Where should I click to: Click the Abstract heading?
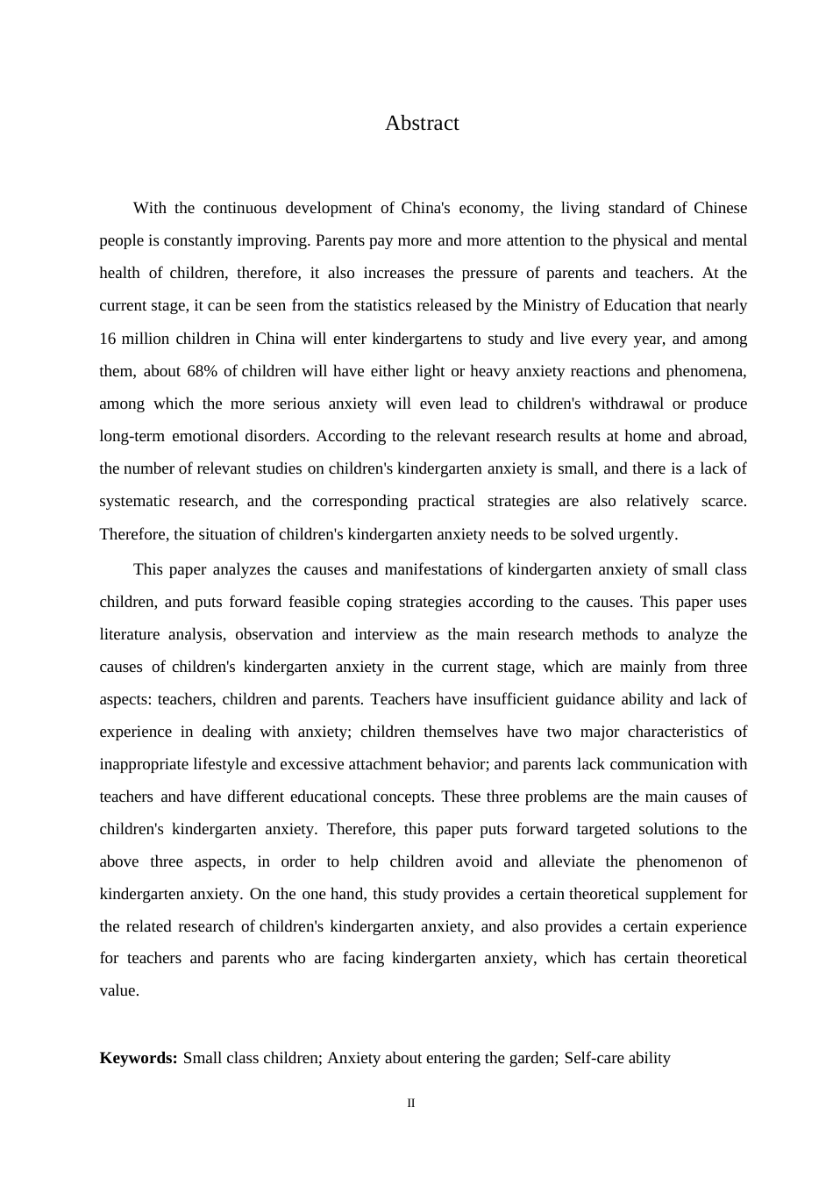point(422,124)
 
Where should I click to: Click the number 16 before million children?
point(107,339)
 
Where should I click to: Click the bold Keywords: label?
point(139,1059)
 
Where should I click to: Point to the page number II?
point(410,1104)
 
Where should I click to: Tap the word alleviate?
point(573,862)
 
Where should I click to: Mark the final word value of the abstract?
point(119,991)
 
